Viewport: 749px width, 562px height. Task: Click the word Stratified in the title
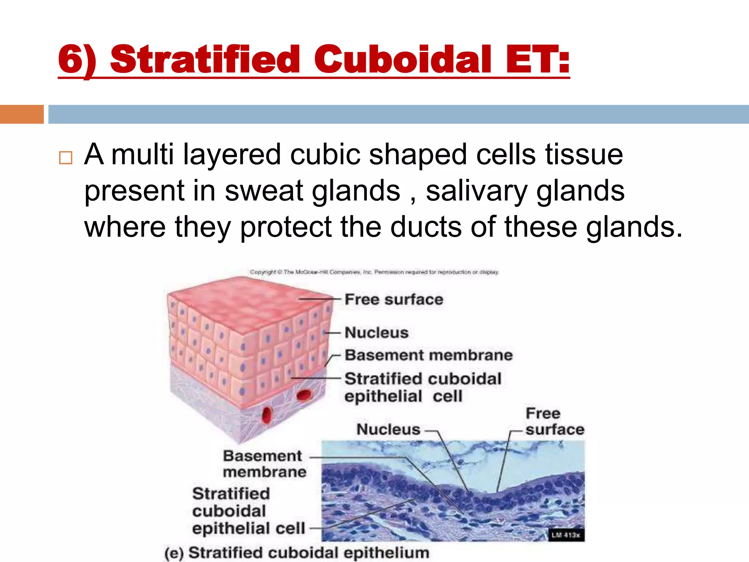pos(205,60)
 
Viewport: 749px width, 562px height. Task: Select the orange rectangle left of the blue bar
pos(22,114)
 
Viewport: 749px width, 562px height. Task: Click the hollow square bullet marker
pos(65,158)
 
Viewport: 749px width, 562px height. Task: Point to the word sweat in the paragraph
pos(264,191)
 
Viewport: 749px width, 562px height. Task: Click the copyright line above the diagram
pos(374,272)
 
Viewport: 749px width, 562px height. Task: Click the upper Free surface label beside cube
pos(394,300)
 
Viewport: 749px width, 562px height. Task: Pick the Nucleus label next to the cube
pos(377,333)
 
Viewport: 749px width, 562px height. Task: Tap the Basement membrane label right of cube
pos(429,355)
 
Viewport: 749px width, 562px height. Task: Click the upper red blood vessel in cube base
pos(304,396)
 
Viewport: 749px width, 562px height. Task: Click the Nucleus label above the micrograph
pos(388,430)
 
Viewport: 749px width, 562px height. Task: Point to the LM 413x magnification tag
pos(566,535)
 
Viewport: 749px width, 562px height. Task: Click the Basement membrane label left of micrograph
pos(264,464)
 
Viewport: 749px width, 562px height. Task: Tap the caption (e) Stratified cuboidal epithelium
pos(297,553)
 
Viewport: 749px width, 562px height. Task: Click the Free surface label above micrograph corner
pos(554,421)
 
